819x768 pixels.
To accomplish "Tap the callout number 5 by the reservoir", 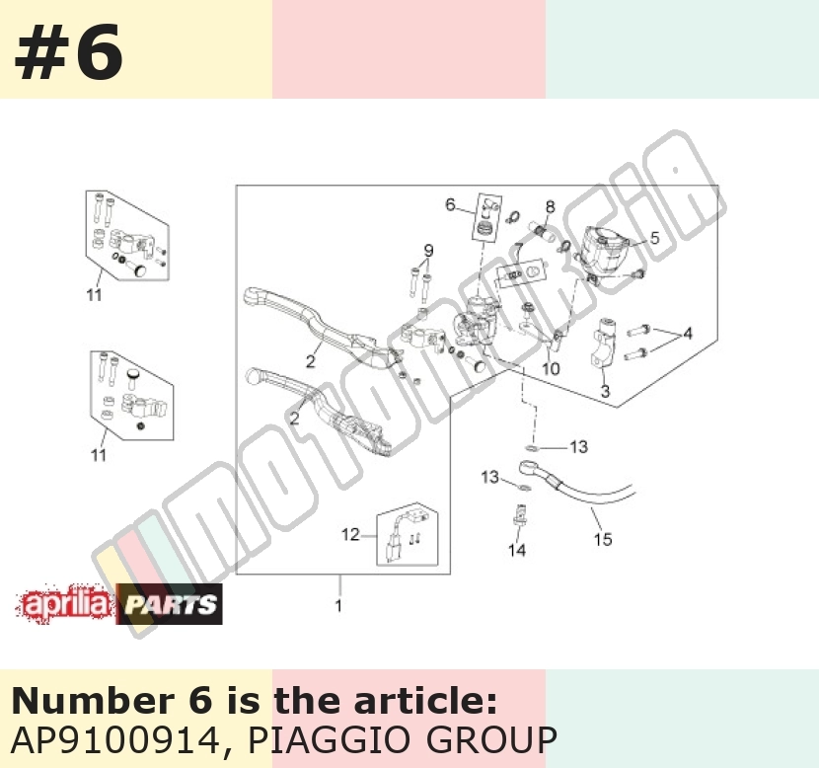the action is click(x=654, y=238).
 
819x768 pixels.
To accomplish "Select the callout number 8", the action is click(x=550, y=207).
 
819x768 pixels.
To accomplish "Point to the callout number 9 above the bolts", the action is click(x=428, y=251).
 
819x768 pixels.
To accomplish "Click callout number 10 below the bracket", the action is click(x=551, y=369).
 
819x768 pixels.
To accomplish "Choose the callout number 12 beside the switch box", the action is click(x=350, y=534).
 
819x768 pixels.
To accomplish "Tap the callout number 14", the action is click(x=517, y=550).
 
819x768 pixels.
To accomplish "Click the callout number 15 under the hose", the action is click(x=603, y=539).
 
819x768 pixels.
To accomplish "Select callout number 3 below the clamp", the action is click(x=605, y=391).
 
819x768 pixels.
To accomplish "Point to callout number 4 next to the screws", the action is click(x=688, y=333).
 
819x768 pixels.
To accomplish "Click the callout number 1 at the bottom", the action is click(x=338, y=605).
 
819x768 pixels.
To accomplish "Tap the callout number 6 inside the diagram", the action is click(x=450, y=204).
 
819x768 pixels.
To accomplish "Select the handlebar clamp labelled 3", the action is click(x=603, y=344).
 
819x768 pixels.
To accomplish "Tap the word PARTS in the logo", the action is click(x=171, y=605).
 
